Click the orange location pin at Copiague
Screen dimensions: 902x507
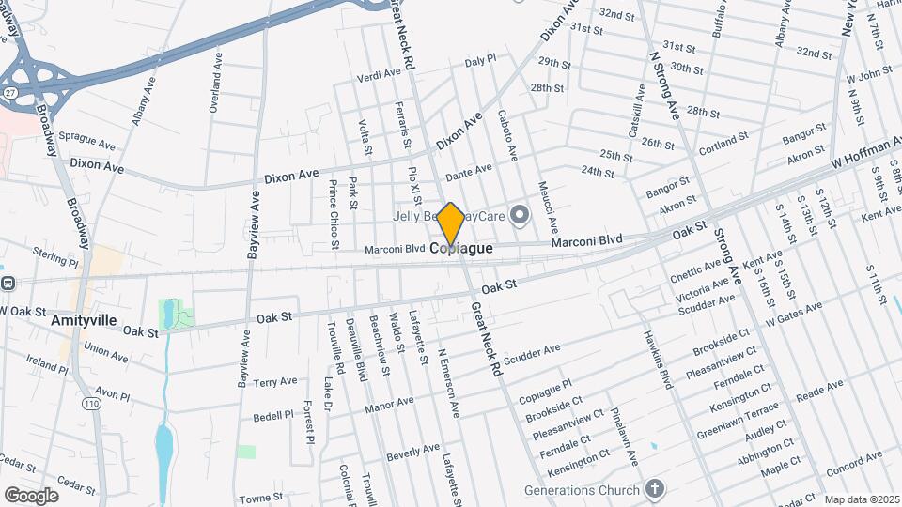click(451, 224)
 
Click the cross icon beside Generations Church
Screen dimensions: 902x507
click(655, 489)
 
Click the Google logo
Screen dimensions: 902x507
click(31, 495)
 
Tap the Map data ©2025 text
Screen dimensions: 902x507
click(861, 500)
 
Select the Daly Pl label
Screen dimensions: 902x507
click(479, 60)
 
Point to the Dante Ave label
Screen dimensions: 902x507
click(469, 173)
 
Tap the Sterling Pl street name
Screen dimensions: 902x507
click(54, 253)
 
